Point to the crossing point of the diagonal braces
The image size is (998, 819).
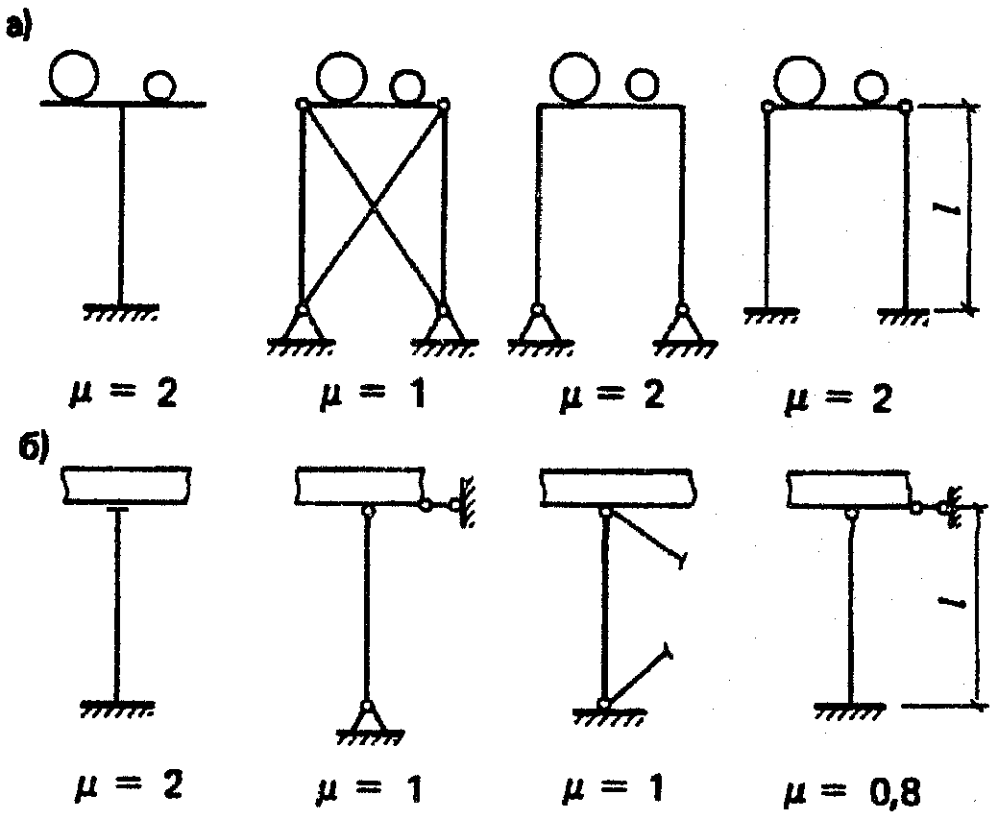(x=373, y=206)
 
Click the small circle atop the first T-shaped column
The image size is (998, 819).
(x=159, y=85)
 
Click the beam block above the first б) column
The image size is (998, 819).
(x=128, y=484)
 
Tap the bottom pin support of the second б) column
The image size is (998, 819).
(x=366, y=718)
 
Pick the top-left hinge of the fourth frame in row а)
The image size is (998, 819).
(x=767, y=106)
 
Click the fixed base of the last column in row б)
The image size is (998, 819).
(x=849, y=710)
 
